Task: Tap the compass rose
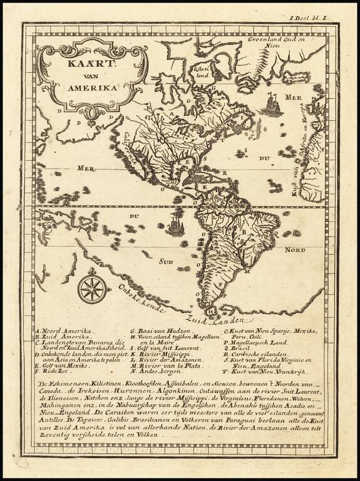point(92,289)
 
